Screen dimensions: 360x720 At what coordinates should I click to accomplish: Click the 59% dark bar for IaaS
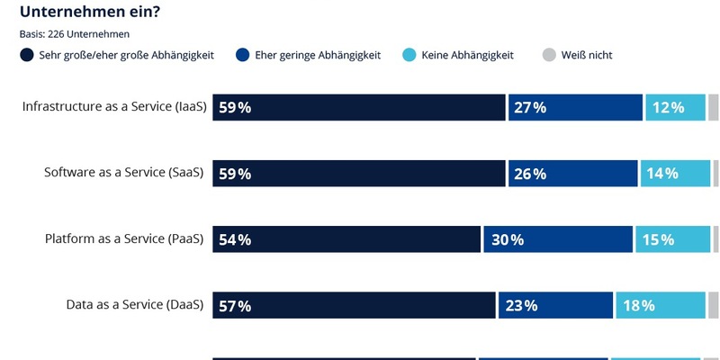pos(359,107)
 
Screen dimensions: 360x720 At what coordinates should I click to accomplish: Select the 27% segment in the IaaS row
pos(575,107)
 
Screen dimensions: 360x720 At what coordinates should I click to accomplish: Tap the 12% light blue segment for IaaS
pos(675,107)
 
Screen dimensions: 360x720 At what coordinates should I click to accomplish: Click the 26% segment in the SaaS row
pos(572,173)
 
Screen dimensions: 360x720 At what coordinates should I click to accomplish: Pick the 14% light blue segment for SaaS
pos(674,173)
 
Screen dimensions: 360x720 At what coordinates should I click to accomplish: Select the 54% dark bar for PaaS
pos(346,239)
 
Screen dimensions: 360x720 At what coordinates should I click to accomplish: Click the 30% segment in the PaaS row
pos(558,239)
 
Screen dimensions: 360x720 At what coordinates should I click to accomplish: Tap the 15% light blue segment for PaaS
pos(672,239)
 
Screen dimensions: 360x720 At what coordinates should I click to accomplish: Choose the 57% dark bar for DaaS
pos(354,305)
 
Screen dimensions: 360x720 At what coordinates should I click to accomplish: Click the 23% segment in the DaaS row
pos(554,305)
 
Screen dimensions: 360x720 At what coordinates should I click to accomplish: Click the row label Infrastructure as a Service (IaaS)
pos(114,106)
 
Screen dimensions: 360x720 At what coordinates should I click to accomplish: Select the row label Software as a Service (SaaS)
pos(124,172)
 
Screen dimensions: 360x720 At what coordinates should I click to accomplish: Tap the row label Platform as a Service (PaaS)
pos(124,238)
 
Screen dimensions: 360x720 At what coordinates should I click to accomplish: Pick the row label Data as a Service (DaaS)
pos(135,304)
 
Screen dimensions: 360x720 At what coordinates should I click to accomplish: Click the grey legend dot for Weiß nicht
pos(550,55)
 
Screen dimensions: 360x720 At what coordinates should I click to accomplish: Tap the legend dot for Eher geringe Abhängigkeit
pos(240,55)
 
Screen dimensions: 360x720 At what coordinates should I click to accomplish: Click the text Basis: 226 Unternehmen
pos(75,34)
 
